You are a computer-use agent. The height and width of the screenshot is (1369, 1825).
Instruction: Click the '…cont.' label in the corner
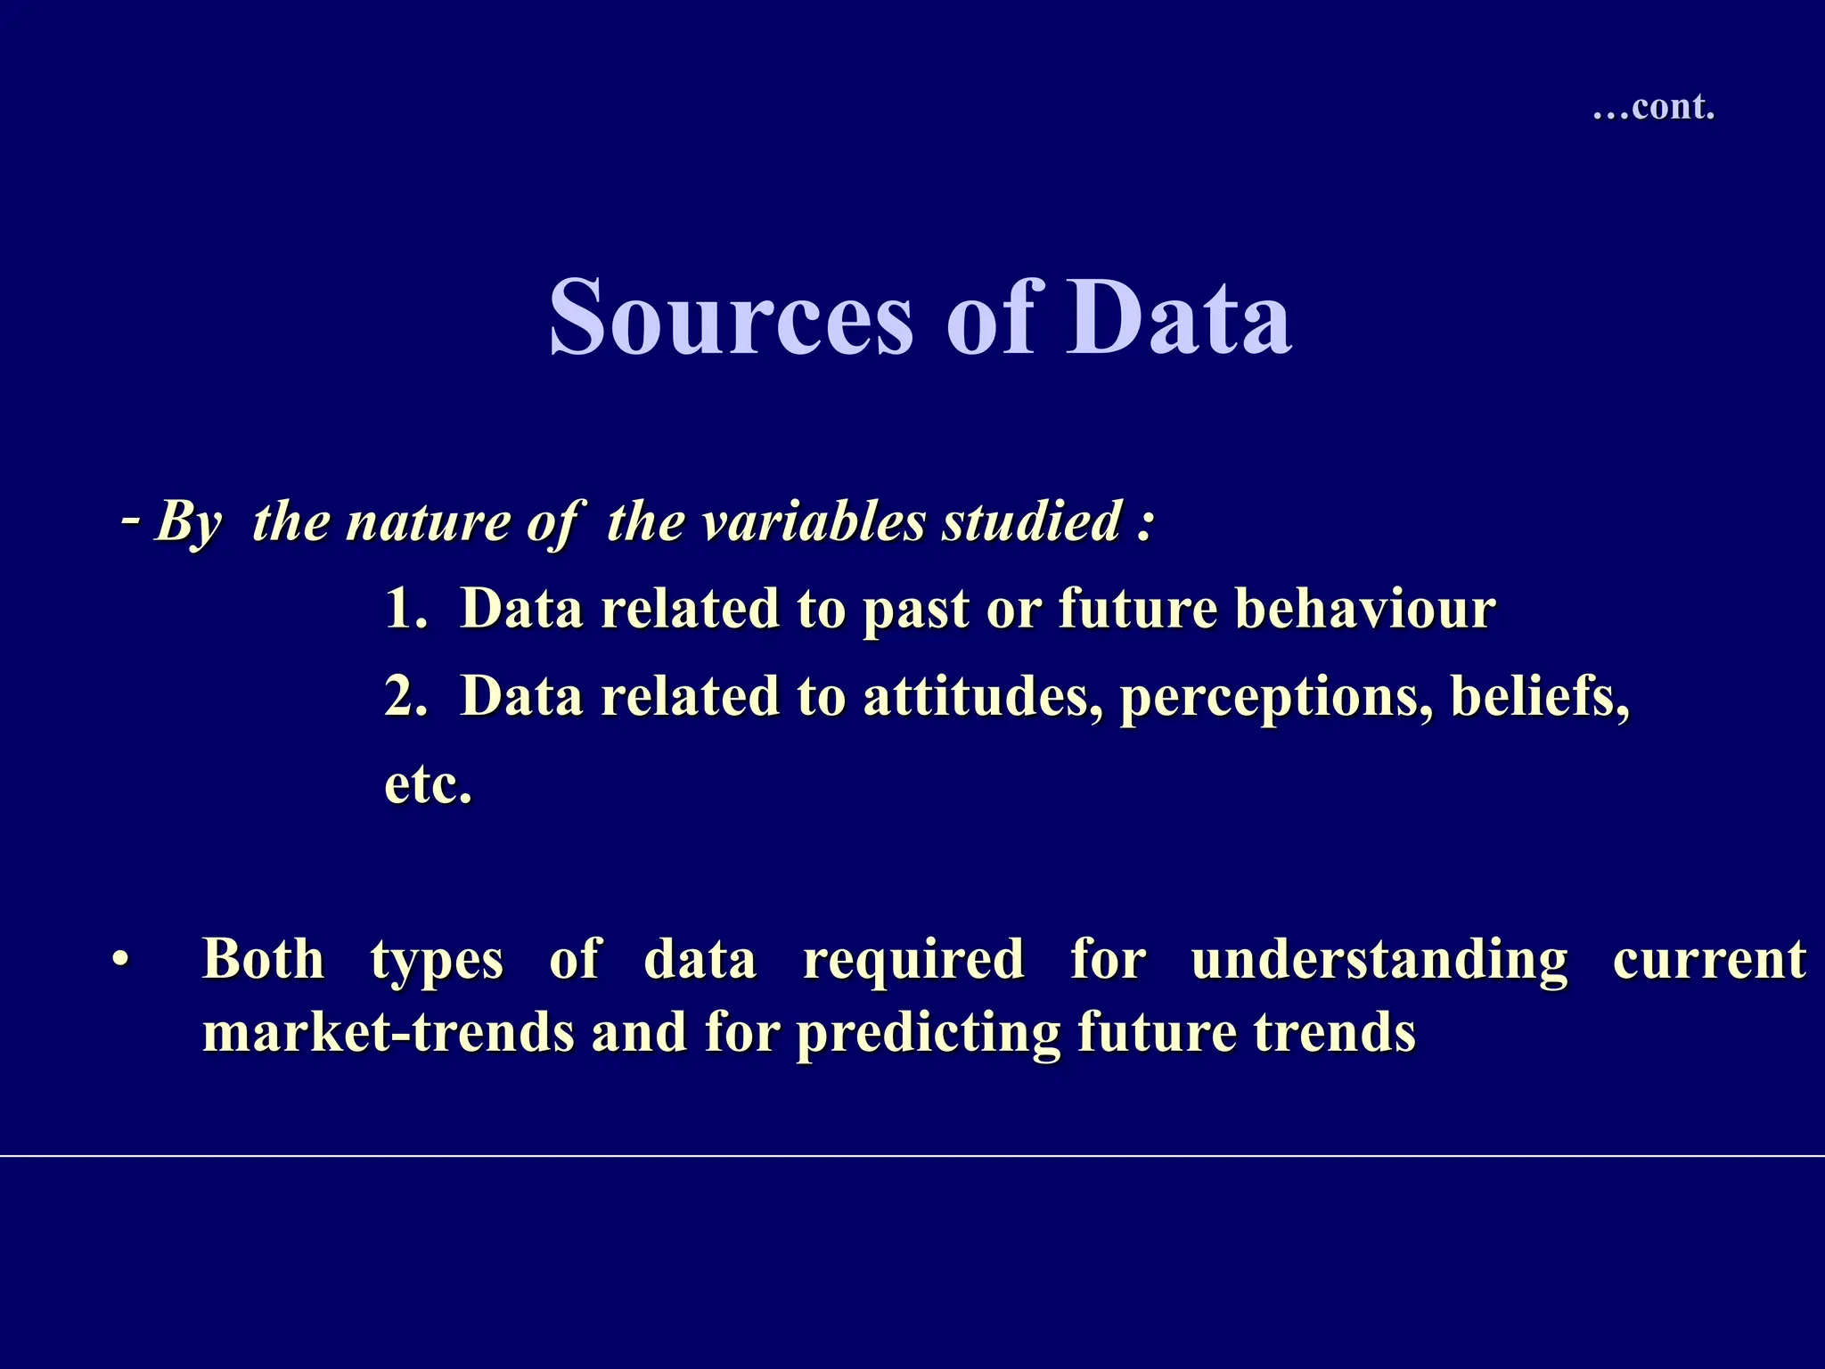pyautogui.click(x=1653, y=107)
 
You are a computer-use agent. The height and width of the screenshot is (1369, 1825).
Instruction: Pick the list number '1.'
pyautogui.click(x=406, y=610)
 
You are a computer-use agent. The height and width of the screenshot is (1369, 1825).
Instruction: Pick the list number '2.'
pyautogui.click(x=406, y=697)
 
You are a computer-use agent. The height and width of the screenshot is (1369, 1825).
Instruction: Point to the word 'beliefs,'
pyautogui.click(x=1540, y=697)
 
